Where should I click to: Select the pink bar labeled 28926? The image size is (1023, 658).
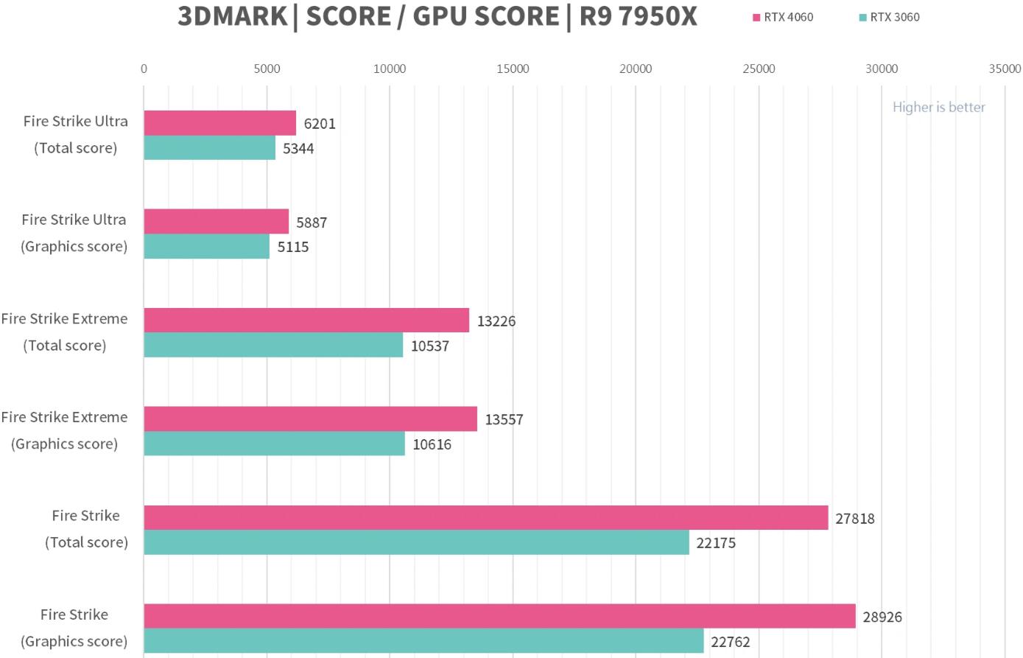tap(499, 616)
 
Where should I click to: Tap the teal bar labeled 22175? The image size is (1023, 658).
tap(416, 542)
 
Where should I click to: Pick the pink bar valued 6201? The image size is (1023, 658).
tap(219, 123)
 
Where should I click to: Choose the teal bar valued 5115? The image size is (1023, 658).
tap(206, 246)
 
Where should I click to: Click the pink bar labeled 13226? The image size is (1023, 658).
tap(306, 321)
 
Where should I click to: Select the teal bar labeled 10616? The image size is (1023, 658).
tap(274, 444)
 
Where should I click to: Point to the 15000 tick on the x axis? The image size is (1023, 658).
tap(513, 69)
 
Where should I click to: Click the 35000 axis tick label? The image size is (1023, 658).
tap(1005, 69)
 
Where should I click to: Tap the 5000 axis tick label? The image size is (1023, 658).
tap(267, 69)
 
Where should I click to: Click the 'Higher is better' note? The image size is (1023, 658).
tap(938, 107)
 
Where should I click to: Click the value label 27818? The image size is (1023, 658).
tap(854, 519)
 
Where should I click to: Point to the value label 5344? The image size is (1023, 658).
tap(298, 149)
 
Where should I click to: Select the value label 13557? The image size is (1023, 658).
tap(504, 420)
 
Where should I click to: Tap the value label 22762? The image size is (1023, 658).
tap(730, 642)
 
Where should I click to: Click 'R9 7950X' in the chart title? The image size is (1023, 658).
tap(638, 16)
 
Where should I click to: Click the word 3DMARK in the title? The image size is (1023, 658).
tap(232, 16)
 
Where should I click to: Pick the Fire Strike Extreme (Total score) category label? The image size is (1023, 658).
tap(64, 332)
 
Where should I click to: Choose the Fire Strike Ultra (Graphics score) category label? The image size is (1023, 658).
tap(74, 233)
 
